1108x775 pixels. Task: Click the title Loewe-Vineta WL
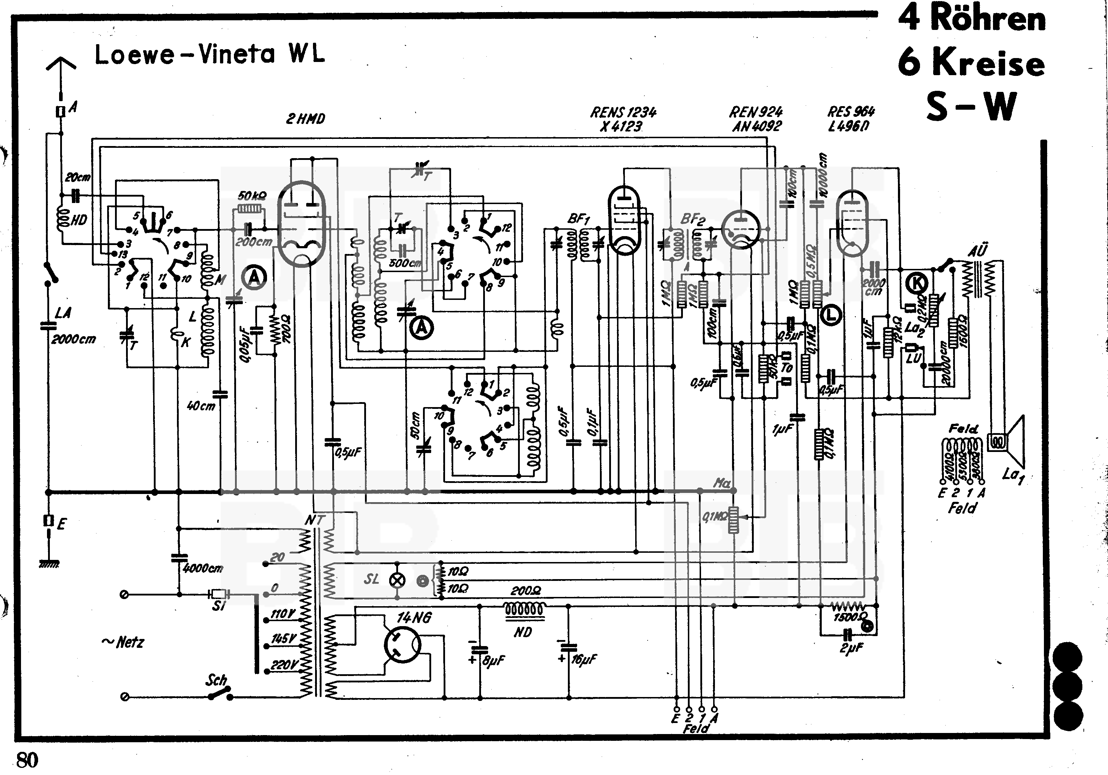[209, 54]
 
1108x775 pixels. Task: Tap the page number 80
[27, 760]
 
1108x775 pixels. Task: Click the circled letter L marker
[831, 315]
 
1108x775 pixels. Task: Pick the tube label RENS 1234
[623, 113]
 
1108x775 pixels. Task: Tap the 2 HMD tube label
[305, 119]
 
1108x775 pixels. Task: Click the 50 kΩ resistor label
[251, 196]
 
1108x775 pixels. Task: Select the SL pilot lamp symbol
[397, 581]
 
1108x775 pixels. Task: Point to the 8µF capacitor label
[493, 660]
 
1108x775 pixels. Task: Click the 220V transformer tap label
[283, 665]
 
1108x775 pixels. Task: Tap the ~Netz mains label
[123, 642]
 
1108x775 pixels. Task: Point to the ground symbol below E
[49, 563]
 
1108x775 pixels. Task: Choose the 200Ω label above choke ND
[526, 590]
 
